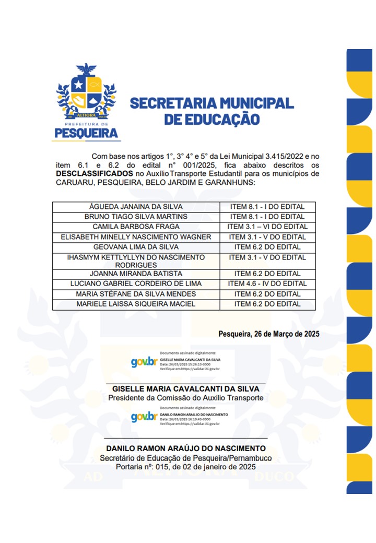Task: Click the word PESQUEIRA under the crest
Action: tap(86, 134)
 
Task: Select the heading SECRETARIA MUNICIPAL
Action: tap(211, 102)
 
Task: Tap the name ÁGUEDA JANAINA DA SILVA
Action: tap(136, 206)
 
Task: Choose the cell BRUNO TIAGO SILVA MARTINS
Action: tap(136, 216)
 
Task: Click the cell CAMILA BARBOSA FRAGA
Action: tap(136, 227)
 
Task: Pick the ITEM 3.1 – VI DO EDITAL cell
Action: tap(267, 227)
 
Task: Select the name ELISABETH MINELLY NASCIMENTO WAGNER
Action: tap(136, 237)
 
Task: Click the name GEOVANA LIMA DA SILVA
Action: tap(136, 247)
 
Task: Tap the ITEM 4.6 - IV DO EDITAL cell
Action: tap(267, 284)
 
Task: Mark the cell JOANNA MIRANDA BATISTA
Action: tap(136, 274)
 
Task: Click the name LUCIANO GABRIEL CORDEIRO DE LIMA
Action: tap(136, 284)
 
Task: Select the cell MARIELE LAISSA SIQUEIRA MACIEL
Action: tap(136, 304)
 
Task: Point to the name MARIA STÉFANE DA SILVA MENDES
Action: tap(136, 294)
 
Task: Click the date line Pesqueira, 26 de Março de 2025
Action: tap(269, 334)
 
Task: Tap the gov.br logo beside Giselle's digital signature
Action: tap(144, 362)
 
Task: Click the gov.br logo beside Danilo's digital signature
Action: tap(144, 417)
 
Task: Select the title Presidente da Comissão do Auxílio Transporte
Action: tap(185, 398)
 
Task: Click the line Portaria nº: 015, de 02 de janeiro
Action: tap(185, 467)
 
